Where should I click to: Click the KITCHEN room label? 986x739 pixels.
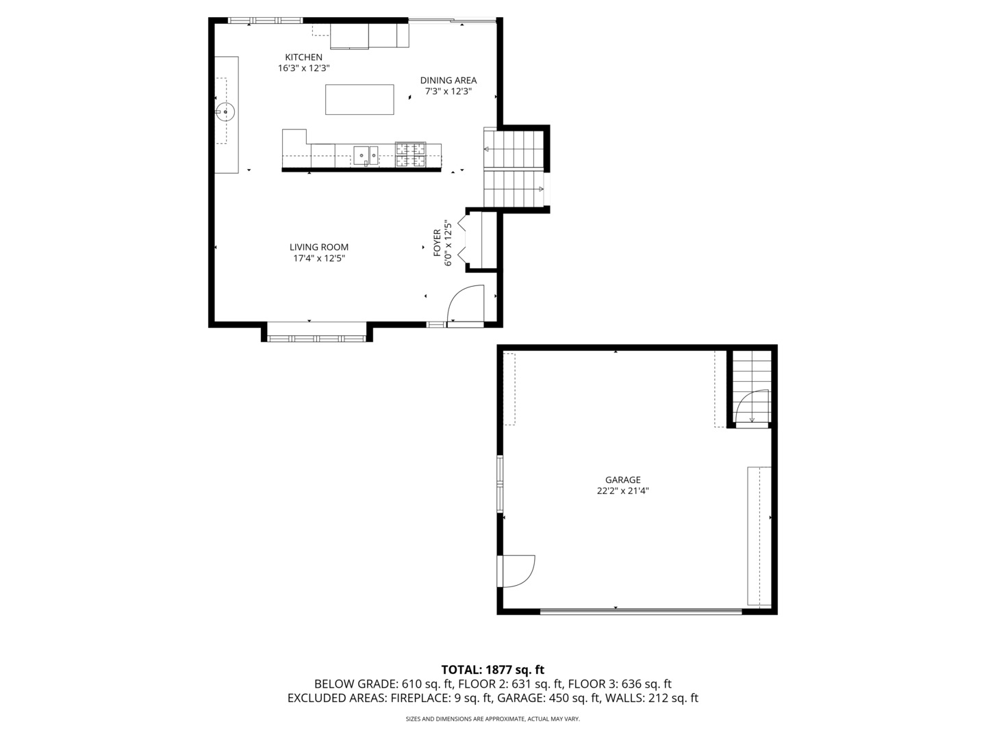[x=303, y=57]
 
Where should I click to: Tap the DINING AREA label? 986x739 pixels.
[x=448, y=80]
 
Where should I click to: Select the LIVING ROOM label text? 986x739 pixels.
[x=318, y=247]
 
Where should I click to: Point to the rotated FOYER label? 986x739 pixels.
[x=437, y=243]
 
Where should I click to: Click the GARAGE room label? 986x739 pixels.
[x=622, y=480]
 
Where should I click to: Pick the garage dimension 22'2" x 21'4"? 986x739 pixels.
[x=622, y=491]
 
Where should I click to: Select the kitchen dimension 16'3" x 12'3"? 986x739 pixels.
[x=303, y=68]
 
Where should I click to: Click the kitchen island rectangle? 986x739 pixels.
[x=359, y=100]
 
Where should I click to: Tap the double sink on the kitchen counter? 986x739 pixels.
[x=366, y=155]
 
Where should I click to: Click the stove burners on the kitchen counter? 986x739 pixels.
[x=410, y=155]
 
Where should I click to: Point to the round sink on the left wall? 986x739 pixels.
[x=225, y=111]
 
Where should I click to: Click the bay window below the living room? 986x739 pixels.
[x=316, y=337]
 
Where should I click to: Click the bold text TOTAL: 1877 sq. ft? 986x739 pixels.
[x=492, y=669]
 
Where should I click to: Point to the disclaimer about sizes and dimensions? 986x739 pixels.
[x=492, y=719]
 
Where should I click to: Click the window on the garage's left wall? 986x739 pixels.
[x=500, y=483]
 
